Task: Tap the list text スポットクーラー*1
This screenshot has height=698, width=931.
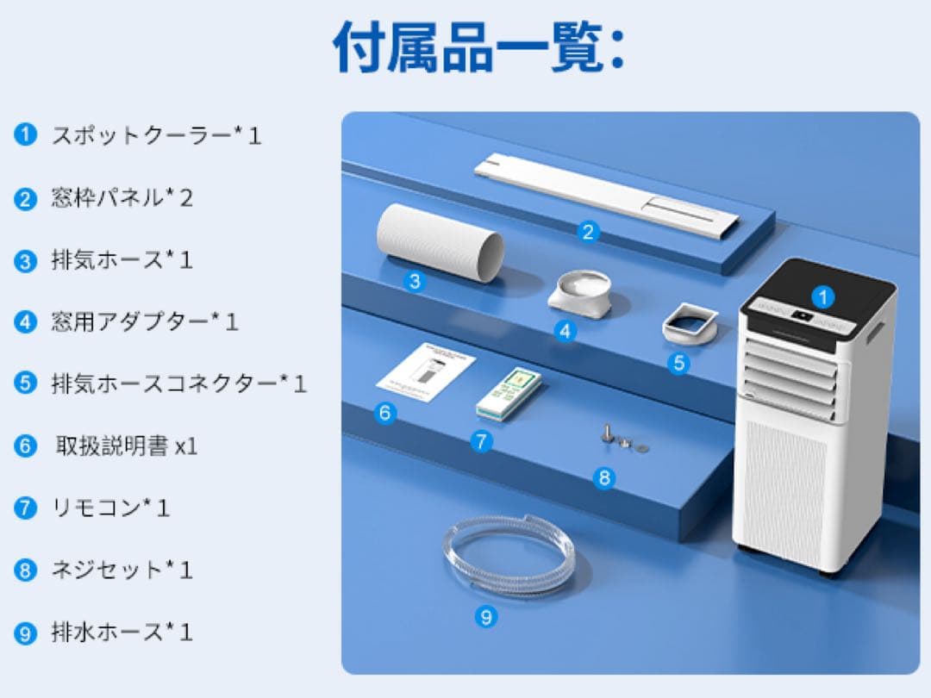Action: (x=156, y=135)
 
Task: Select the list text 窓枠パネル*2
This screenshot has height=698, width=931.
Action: (x=122, y=198)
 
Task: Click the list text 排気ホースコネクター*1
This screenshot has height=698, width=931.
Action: (x=178, y=383)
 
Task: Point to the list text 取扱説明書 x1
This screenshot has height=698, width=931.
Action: (x=127, y=446)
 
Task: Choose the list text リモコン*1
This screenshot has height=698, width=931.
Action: (x=110, y=508)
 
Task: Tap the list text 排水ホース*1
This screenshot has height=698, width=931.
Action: (x=122, y=632)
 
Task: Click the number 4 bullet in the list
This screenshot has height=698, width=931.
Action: (x=26, y=322)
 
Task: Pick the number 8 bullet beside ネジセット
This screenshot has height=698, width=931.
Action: (x=26, y=570)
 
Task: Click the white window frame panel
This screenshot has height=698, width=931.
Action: (x=607, y=195)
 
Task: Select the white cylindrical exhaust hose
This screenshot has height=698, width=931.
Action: (x=439, y=242)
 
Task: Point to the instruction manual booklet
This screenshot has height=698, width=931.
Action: (x=426, y=373)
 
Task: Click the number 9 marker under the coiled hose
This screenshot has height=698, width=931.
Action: (x=486, y=617)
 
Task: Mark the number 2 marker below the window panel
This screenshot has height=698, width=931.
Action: (x=588, y=232)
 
